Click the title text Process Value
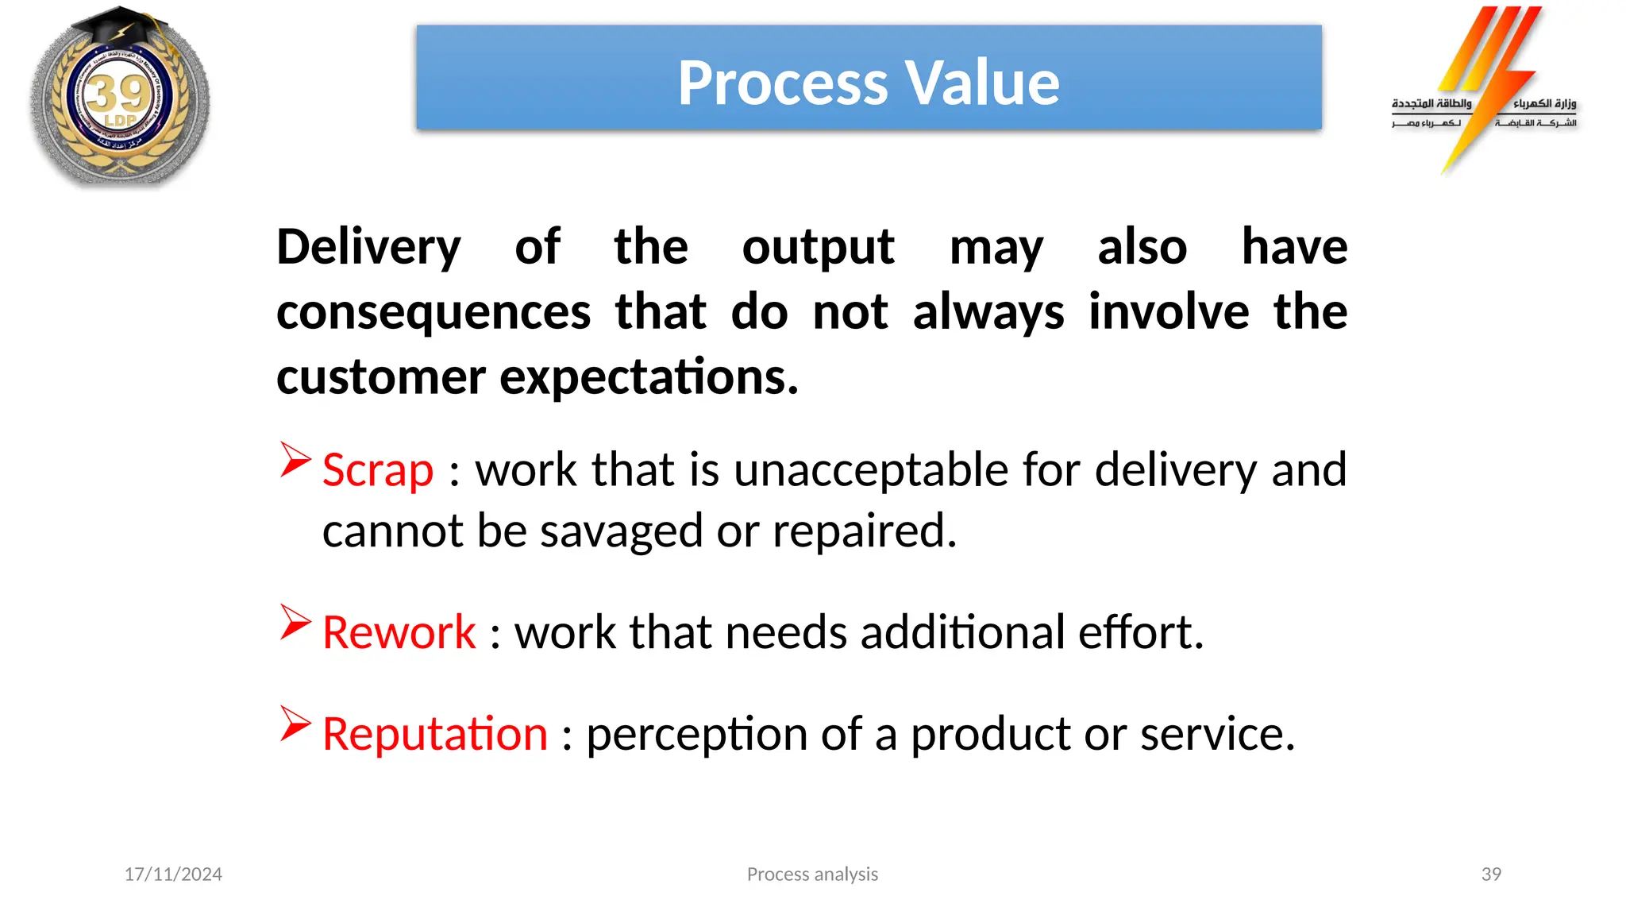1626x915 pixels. pyautogui.click(x=868, y=83)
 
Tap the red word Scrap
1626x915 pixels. pyautogui.click(x=378, y=470)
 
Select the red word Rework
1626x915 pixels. pyautogui.click(x=399, y=633)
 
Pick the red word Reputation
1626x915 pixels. pyautogui.click(x=435, y=734)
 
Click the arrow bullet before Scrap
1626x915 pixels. pyautogui.click(x=295, y=460)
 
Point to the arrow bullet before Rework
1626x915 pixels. pyautogui.click(x=295, y=623)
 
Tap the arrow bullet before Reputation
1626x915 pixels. pyautogui.click(x=295, y=724)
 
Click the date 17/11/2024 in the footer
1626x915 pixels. pyautogui.click(x=173, y=874)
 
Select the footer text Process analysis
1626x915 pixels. pyautogui.click(x=812, y=874)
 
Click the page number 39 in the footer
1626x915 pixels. pyautogui.click(x=1491, y=874)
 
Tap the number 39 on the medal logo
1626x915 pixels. pyautogui.click(x=118, y=95)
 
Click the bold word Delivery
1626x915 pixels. pyautogui.click(x=368, y=248)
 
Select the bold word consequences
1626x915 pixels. pyautogui.click(x=433, y=312)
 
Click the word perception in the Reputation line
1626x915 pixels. pyautogui.click(x=696, y=734)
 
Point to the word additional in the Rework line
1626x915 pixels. pyautogui.click(x=962, y=633)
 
